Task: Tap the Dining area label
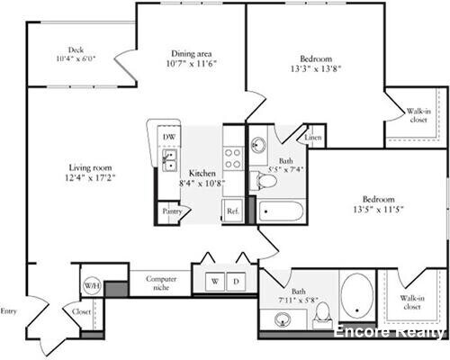190,52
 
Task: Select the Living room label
90,166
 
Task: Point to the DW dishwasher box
166,137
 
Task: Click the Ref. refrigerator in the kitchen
231,212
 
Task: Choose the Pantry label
171,212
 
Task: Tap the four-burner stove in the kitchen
232,159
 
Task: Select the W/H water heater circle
92,286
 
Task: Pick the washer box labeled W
214,281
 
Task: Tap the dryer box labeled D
236,281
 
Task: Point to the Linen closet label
312,138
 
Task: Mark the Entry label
9,311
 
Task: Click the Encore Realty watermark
390,332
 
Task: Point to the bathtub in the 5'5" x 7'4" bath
283,212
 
